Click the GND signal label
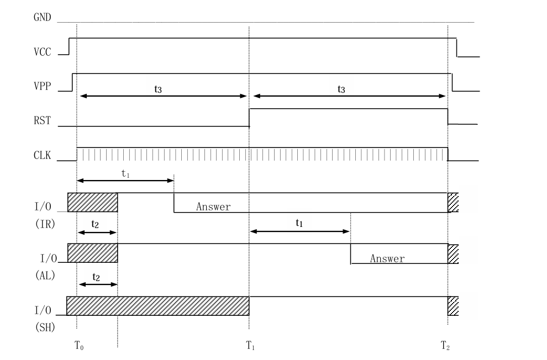click(42, 17)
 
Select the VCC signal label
click(42, 51)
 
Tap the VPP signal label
click(42, 86)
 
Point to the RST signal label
click(42, 120)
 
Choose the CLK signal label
click(42, 155)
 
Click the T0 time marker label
click(79, 345)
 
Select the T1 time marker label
click(250, 345)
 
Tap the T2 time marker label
click(445, 345)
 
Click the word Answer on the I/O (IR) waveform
click(213, 207)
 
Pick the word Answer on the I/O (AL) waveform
click(387, 258)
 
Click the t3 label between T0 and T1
click(158, 89)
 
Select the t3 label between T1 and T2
click(341, 89)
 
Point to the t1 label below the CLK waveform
click(125, 173)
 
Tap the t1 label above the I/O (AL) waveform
click(299, 223)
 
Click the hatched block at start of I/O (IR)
click(93, 202)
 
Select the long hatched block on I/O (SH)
click(158, 306)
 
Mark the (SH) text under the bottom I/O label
click(45, 327)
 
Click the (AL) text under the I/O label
click(45, 276)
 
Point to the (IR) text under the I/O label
click(45, 224)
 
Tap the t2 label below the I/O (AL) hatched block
click(96, 277)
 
